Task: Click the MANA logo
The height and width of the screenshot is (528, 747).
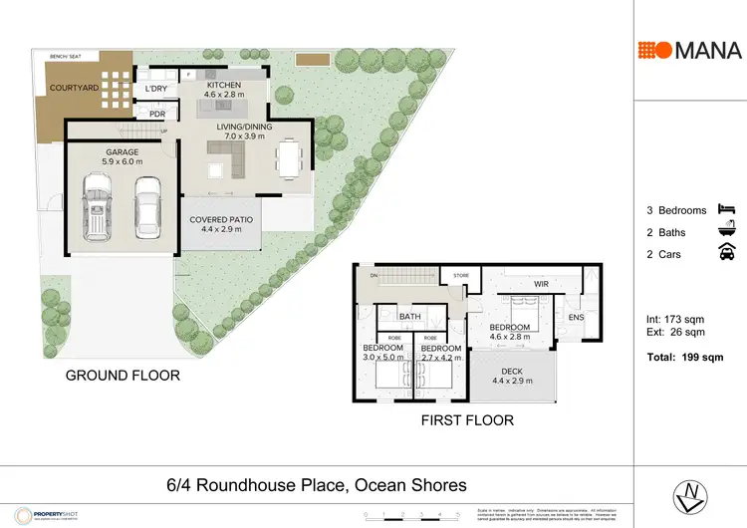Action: click(688, 51)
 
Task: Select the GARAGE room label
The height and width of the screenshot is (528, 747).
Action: click(122, 152)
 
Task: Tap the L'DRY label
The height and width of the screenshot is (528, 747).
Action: click(155, 90)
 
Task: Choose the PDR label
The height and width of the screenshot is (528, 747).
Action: click(157, 115)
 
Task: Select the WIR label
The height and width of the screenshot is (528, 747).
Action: click(542, 285)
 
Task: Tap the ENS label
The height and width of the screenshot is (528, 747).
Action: click(575, 318)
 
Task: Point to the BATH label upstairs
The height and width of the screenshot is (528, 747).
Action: click(409, 318)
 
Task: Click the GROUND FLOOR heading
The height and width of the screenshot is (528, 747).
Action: click(123, 376)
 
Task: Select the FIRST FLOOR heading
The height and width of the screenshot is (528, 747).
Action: click(466, 420)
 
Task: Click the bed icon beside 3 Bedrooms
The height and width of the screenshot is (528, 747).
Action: click(726, 210)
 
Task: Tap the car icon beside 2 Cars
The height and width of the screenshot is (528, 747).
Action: click(726, 254)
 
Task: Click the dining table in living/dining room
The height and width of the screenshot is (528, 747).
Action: click(289, 155)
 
